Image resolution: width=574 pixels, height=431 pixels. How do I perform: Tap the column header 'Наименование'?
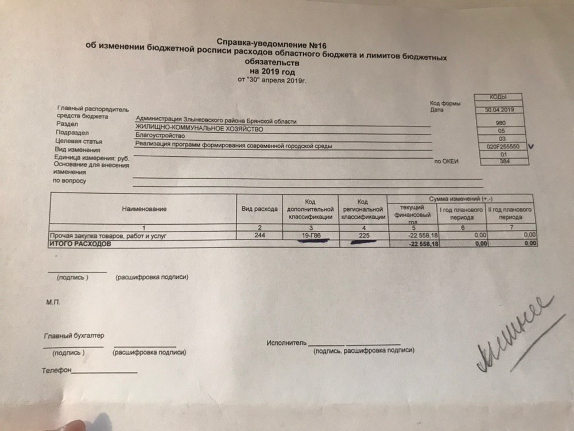[144, 209]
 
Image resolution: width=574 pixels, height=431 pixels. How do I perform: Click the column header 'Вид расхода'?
[259, 209]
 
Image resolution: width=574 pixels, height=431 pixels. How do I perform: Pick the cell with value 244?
[259, 236]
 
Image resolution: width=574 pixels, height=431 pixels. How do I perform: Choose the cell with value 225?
[362, 236]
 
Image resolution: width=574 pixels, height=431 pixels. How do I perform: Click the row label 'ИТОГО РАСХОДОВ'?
[79, 244]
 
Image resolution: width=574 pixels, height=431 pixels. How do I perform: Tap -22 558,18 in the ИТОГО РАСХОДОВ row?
[423, 244]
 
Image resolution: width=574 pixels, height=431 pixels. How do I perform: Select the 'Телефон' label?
[56, 371]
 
